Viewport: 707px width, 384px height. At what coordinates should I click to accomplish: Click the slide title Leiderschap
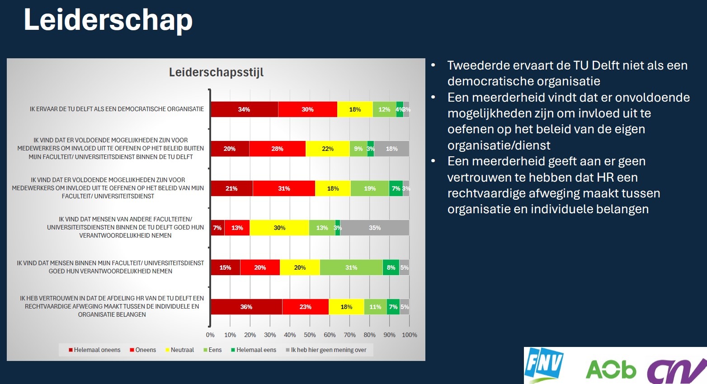[x=108, y=20]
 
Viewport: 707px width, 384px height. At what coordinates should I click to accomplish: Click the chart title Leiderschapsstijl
[x=216, y=72]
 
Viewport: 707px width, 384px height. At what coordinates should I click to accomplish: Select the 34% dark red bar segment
[x=244, y=109]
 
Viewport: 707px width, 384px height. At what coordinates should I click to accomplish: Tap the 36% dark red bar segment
[x=246, y=307]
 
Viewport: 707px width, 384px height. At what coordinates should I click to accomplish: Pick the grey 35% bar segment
[x=374, y=228]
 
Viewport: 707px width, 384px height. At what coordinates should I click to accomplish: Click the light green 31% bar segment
[x=351, y=267]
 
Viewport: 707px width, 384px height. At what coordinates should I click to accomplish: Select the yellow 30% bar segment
[x=279, y=228]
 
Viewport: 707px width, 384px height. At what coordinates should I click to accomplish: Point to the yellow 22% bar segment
[x=328, y=149]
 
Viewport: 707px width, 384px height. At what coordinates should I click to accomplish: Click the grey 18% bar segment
[x=391, y=149]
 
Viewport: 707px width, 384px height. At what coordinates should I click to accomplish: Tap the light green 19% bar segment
[x=370, y=188]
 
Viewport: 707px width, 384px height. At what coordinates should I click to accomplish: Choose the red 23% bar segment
[x=306, y=307]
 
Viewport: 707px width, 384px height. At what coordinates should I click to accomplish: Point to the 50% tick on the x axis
[x=310, y=335]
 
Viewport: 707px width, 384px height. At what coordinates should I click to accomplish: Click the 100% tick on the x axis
[x=410, y=335]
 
